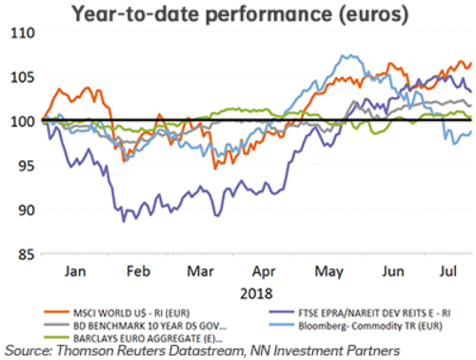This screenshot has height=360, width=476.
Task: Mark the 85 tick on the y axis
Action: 21,254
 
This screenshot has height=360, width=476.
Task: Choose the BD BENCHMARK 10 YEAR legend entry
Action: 143,321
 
